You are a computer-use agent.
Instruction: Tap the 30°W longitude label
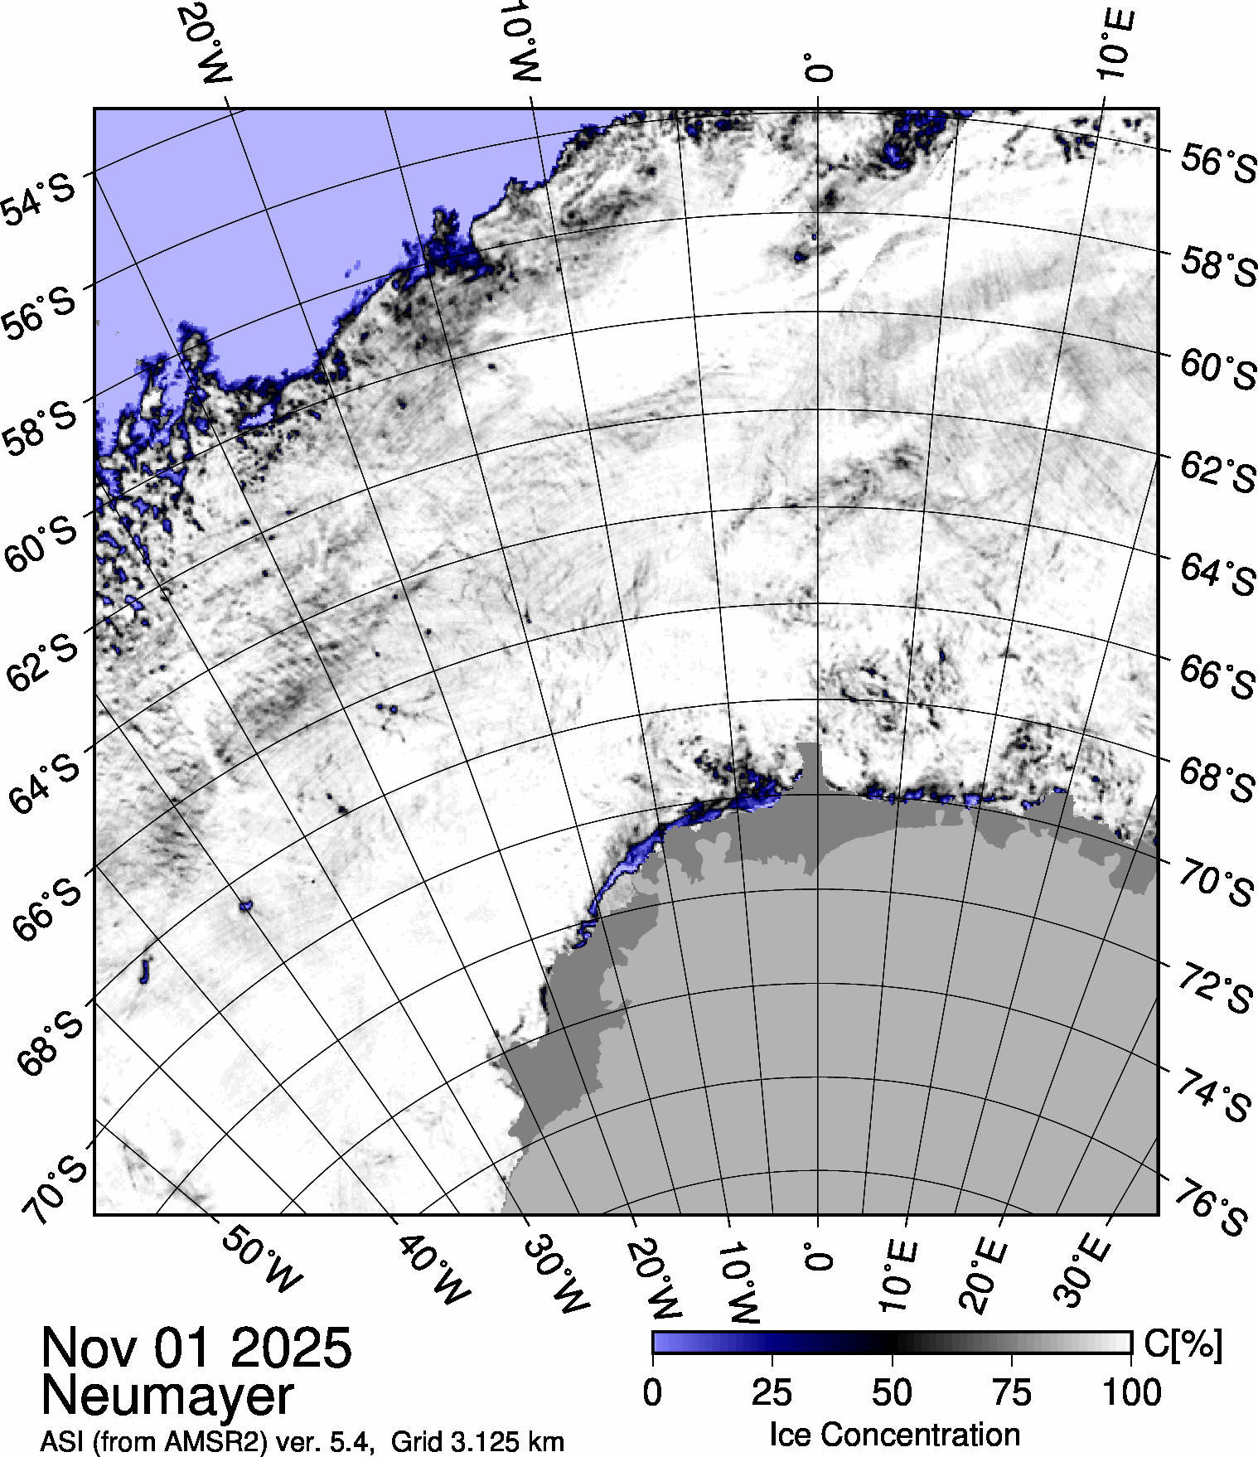click(556, 1276)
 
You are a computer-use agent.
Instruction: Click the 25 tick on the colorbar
click(772, 1392)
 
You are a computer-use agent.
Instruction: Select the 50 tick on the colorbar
click(892, 1392)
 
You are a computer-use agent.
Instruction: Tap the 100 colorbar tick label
click(1133, 1392)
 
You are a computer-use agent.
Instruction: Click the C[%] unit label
click(1183, 1344)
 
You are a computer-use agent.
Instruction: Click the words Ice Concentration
click(894, 1434)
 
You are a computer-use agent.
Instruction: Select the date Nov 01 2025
click(196, 1347)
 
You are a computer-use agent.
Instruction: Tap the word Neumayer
click(167, 1395)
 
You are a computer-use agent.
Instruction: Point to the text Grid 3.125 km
click(477, 1442)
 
